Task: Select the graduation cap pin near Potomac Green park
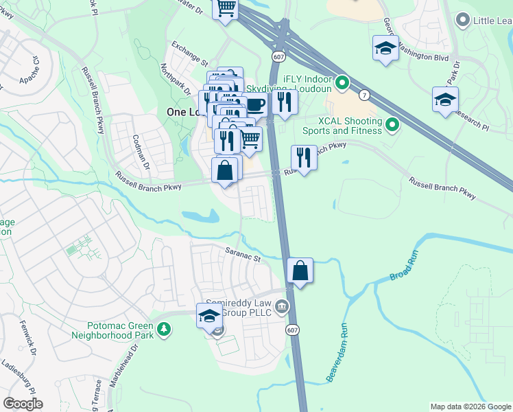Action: [x=210, y=316]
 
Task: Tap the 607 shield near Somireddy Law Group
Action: [x=291, y=330]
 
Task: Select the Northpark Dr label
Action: [x=176, y=80]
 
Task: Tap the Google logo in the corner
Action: [x=23, y=403]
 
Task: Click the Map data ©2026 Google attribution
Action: [x=470, y=407]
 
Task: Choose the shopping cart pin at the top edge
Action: [x=225, y=8]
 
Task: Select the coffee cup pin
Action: [x=255, y=104]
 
